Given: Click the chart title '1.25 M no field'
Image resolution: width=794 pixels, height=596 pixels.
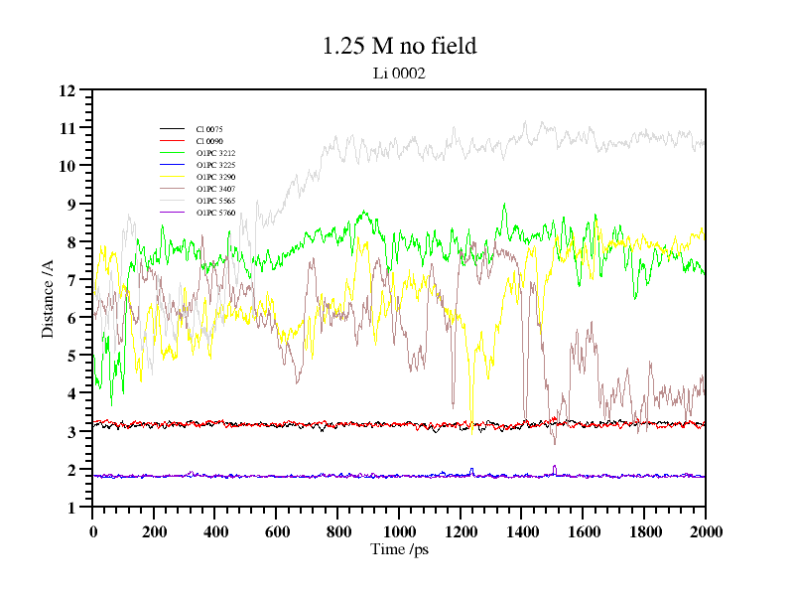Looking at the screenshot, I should pos(399,46).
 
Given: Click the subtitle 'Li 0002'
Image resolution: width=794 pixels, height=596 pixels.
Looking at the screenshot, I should pos(399,73).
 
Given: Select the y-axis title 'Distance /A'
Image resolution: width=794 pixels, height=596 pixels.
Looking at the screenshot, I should pos(48,298).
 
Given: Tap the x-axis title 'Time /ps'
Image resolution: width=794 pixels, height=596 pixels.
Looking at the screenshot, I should pos(399,548).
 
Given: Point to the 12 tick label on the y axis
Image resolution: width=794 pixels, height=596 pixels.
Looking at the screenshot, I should pos(67,90).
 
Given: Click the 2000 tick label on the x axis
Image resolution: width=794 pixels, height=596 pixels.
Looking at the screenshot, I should pos(705,531).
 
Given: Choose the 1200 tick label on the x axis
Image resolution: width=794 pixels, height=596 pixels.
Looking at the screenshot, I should pos(460,531).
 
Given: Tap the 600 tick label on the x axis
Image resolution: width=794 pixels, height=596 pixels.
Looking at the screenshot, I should pos(276,531).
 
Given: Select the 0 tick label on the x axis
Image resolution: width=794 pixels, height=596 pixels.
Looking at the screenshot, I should pos(92,531).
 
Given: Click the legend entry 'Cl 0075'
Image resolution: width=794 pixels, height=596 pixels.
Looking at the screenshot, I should pos(209,129).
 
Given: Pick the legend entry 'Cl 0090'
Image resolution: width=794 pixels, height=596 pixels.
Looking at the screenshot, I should pos(209,141).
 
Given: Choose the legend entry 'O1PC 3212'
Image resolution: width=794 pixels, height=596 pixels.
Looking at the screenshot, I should pos(215,153).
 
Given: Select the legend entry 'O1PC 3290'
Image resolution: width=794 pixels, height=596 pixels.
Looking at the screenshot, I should pos(215,177).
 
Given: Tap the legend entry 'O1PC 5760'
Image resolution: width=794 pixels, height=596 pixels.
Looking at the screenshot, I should pos(215,213).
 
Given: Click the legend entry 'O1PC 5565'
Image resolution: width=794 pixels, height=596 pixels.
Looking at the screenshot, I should pos(215,201).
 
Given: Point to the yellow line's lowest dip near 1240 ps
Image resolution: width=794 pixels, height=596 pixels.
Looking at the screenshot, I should pos(472,422).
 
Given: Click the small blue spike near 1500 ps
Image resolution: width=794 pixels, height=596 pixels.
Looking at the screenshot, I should pos(554,467).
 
